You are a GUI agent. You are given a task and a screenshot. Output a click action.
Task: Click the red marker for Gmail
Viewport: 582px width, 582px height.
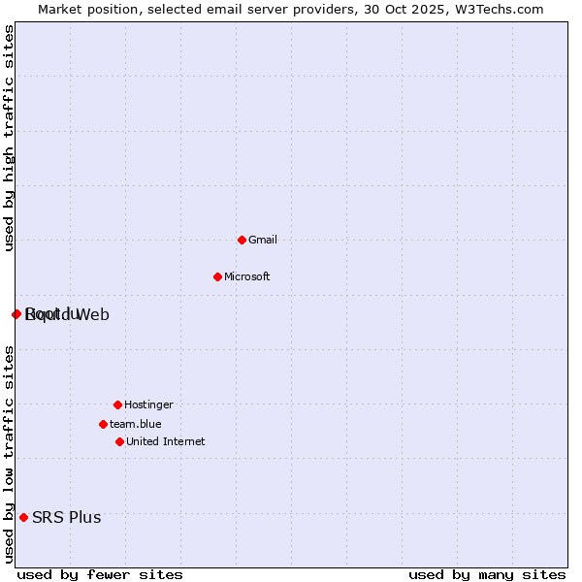click(x=242, y=240)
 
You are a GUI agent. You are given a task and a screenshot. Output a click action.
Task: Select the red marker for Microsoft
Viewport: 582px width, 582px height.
click(x=217, y=276)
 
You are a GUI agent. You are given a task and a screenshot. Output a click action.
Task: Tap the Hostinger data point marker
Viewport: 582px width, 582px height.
click(x=117, y=404)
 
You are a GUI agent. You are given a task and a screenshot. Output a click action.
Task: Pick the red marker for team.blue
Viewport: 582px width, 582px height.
click(x=103, y=424)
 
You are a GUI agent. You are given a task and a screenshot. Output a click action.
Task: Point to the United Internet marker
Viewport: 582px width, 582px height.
click(x=119, y=441)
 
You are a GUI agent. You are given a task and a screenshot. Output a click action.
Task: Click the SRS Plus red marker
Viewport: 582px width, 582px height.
click(x=23, y=517)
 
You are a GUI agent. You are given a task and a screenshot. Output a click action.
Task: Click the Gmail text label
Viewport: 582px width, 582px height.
click(x=263, y=240)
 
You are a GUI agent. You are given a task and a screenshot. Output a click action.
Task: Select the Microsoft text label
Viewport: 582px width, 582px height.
click(x=246, y=276)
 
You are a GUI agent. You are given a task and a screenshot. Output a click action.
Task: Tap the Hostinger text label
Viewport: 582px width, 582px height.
click(x=148, y=404)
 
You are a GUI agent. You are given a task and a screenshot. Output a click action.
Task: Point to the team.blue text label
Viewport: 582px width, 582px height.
click(x=136, y=424)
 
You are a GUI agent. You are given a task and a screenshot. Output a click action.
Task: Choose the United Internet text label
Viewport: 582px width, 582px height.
click(x=165, y=441)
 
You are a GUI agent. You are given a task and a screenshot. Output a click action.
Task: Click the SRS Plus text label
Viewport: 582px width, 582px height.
click(x=66, y=517)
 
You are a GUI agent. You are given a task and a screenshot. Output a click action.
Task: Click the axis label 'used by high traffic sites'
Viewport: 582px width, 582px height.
click(x=10, y=138)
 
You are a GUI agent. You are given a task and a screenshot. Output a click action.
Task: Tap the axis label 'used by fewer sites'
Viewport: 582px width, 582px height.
click(x=100, y=574)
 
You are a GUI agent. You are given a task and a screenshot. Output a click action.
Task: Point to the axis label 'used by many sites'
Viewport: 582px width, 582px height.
click(x=487, y=574)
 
